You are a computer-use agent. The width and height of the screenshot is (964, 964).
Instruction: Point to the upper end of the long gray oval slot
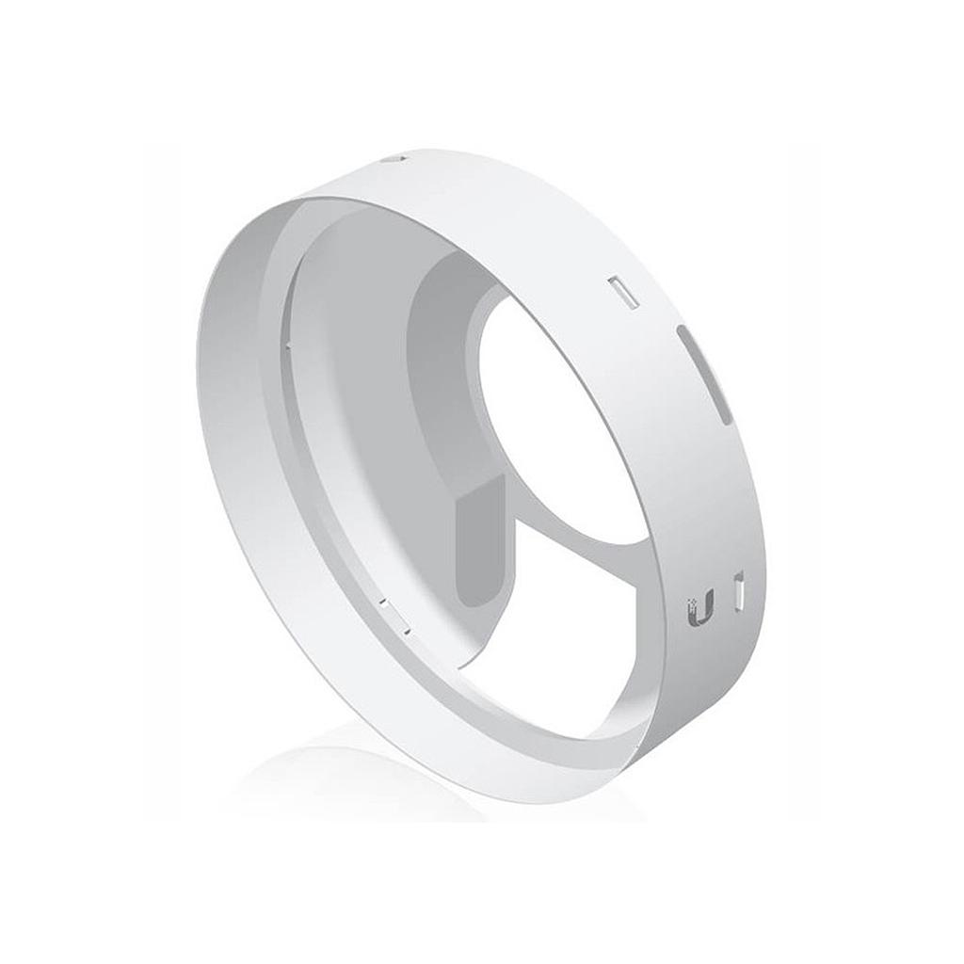pos(683,334)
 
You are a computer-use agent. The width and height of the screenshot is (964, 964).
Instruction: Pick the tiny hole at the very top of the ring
pos(394,160)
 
